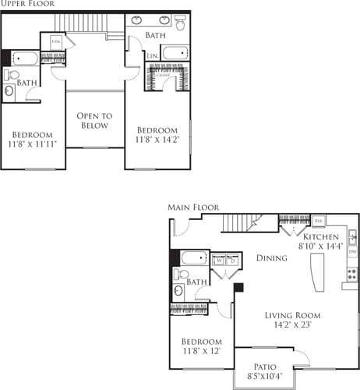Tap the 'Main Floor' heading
193,207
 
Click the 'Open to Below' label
94,121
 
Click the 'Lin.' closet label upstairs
154,56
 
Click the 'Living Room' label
292,315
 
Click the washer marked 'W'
221,261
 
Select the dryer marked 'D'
232,261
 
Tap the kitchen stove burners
351,275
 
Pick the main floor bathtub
191,258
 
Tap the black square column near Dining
238,287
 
